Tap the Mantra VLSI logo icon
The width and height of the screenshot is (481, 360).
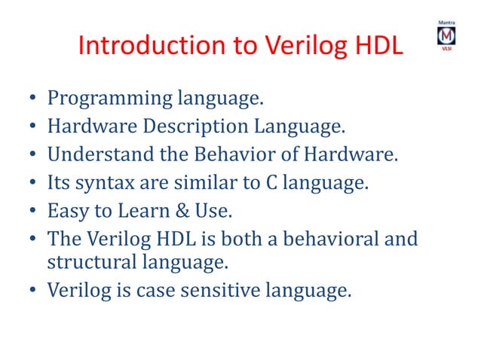(x=447, y=36)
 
